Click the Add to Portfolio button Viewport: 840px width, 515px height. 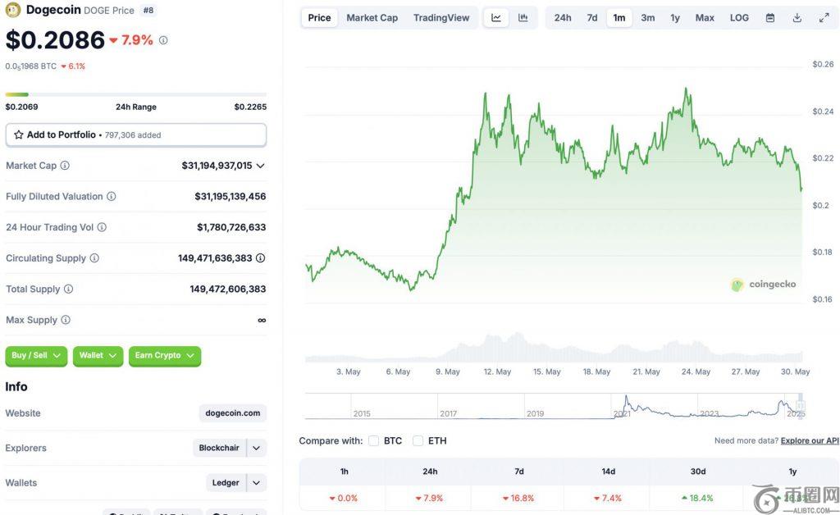coord(135,134)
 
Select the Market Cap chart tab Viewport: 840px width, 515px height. coord(372,18)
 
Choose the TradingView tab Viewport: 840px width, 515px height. coord(441,18)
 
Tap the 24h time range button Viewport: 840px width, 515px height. coord(563,18)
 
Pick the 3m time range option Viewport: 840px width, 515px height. coord(648,18)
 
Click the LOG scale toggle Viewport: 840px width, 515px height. coord(739,18)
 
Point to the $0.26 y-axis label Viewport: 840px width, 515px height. coord(823,64)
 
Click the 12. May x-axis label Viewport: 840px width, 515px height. coord(497,371)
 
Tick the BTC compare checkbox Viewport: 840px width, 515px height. coord(374,440)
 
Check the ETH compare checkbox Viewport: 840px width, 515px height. coord(418,440)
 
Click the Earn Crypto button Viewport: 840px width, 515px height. coord(165,355)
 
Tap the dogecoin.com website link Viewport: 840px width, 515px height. coord(233,413)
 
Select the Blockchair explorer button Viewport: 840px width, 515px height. coord(219,448)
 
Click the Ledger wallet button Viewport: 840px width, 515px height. coord(226,483)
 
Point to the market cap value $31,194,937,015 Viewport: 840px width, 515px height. coord(217,166)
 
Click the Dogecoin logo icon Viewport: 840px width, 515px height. coord(13,10)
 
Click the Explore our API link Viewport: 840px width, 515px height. coord(810,440)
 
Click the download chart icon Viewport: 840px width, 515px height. coord(797,18)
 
